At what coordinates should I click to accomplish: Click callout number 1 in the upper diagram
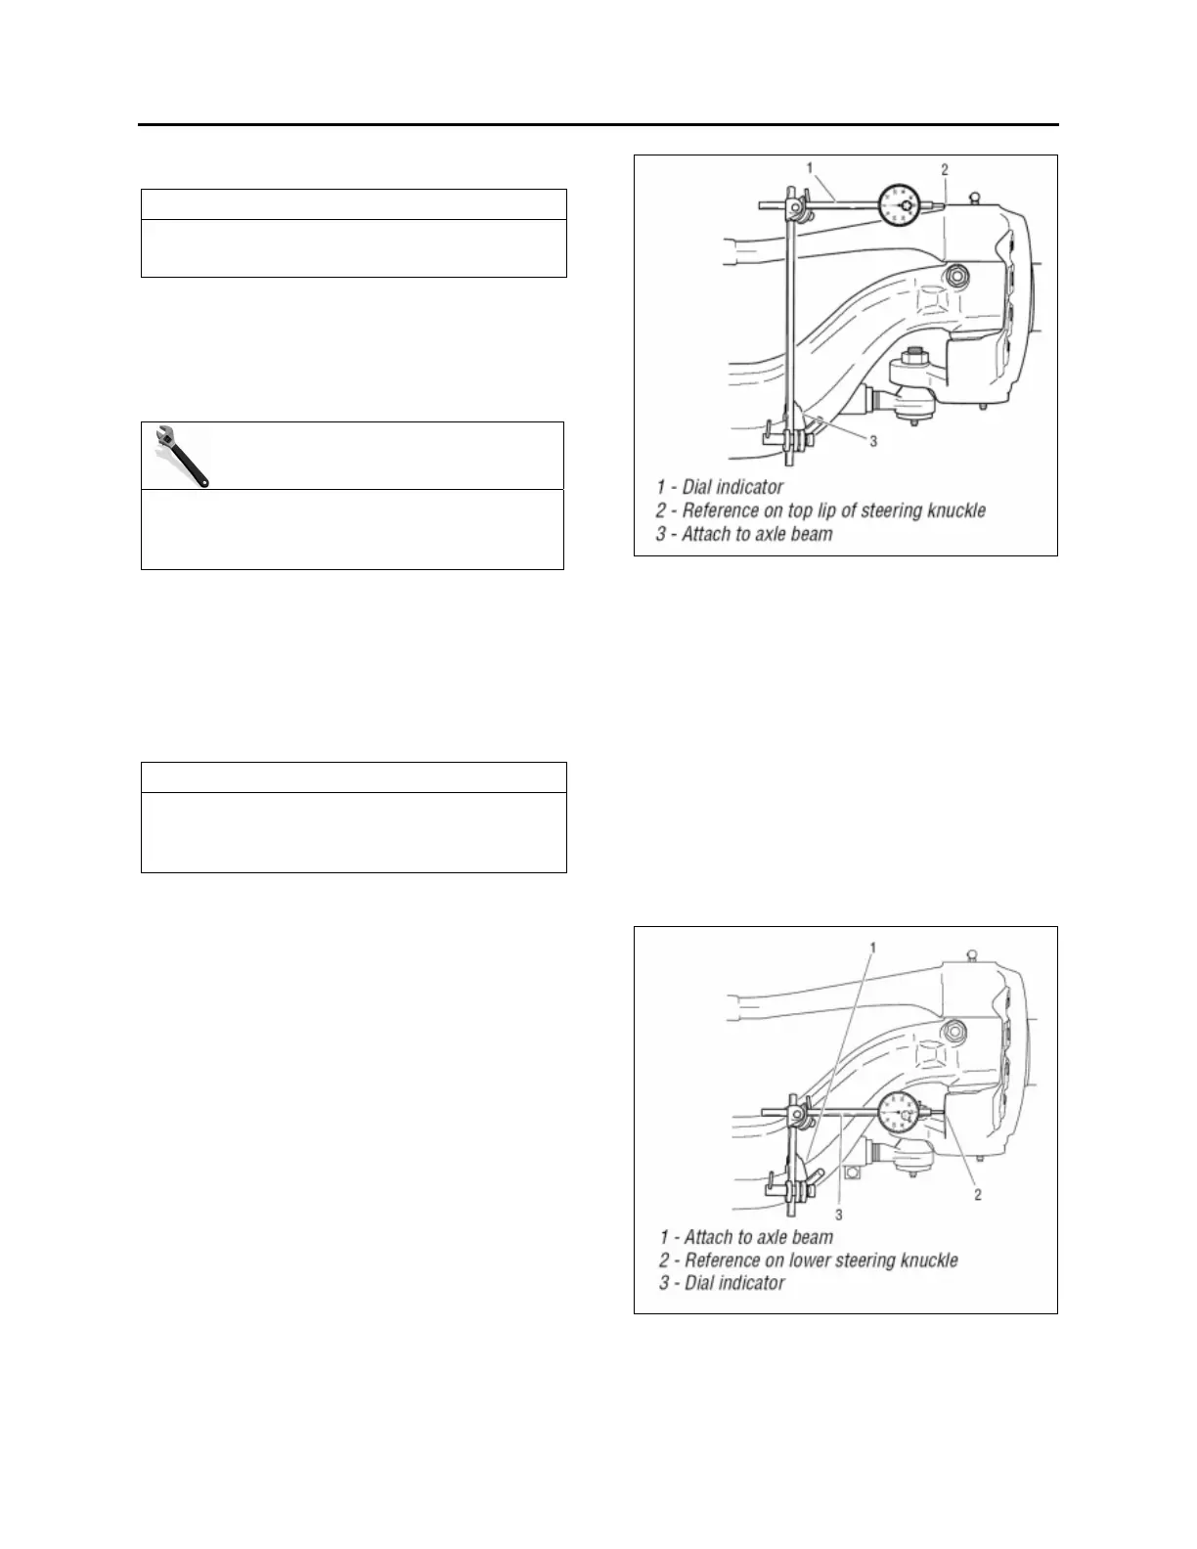[x=810, y=168]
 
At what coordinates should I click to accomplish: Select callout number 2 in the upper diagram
[x=945, y=169]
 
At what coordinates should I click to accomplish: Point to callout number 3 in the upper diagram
[x=873, y=442]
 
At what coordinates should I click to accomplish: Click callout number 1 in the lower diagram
[x=872, y=948]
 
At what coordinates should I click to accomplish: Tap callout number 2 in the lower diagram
[x=977, y=1194]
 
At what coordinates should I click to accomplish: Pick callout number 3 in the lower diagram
[x=839, y=1213]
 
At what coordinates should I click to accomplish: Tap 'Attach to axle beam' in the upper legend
[x=759, y=534]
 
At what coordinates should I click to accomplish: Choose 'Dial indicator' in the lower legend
[x=734, y=1283]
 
